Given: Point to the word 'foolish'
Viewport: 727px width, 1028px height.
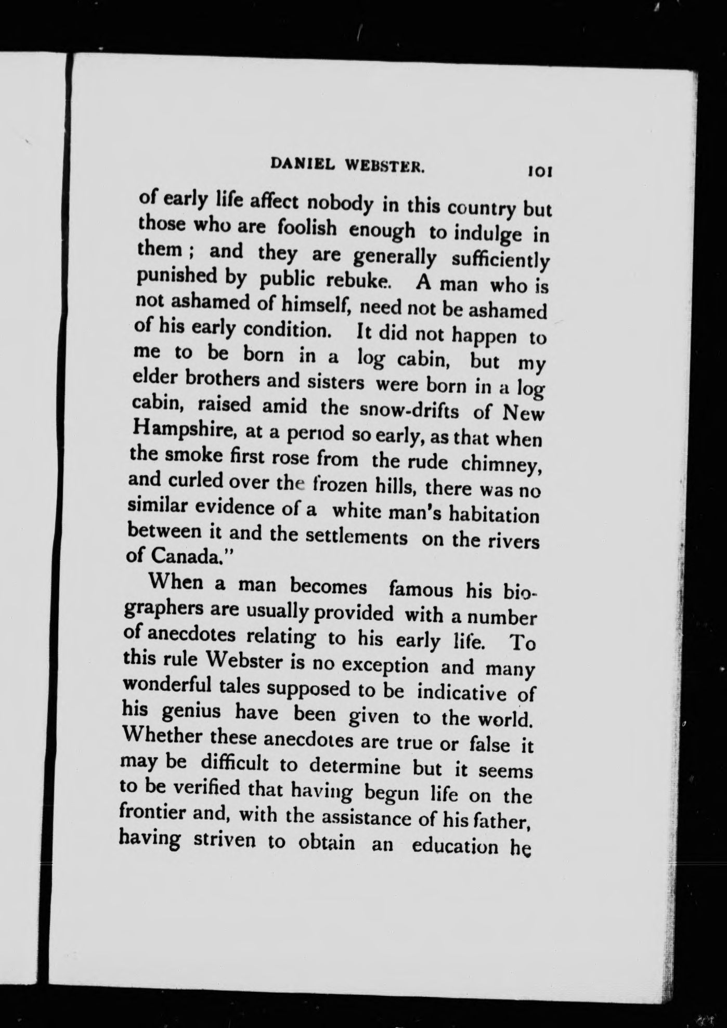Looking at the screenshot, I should coord(306,228).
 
